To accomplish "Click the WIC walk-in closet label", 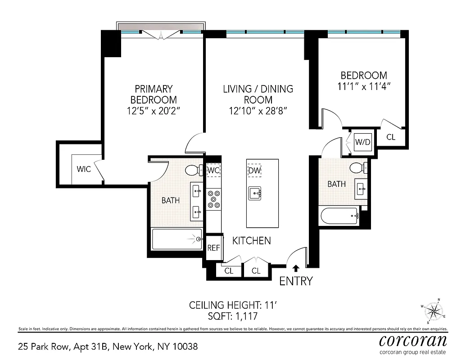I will (84, 169).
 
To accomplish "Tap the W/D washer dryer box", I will (362, 142).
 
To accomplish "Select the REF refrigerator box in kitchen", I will (213, 247).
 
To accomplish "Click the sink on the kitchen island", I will (255, 193).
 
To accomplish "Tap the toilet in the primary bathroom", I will (194, 171).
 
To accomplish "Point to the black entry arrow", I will (296, 268).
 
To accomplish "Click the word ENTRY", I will (296, 282).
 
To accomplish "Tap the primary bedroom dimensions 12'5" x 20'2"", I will (154, 111).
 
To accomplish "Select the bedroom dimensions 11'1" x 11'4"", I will (364, 86).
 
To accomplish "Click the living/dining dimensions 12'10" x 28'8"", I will (258, 111).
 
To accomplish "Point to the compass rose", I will (433, 311).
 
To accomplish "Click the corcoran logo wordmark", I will (413, 339).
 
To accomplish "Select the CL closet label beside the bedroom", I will (391, 137).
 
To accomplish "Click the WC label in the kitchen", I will (213, 170).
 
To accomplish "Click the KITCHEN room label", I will (251, 241).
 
